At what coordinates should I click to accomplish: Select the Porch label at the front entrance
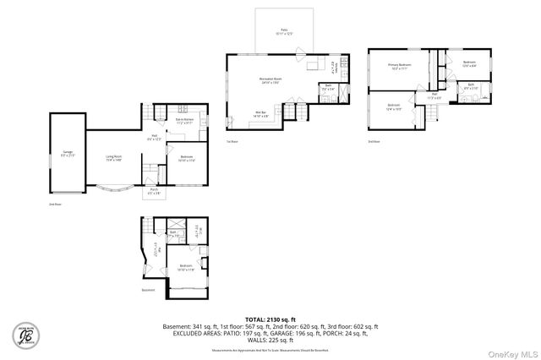tap(154, 191)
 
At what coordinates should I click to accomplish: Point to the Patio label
tap(284, 31)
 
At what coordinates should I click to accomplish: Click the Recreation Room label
tap(270, 80)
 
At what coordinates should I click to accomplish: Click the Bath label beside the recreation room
tap(326, 87)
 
